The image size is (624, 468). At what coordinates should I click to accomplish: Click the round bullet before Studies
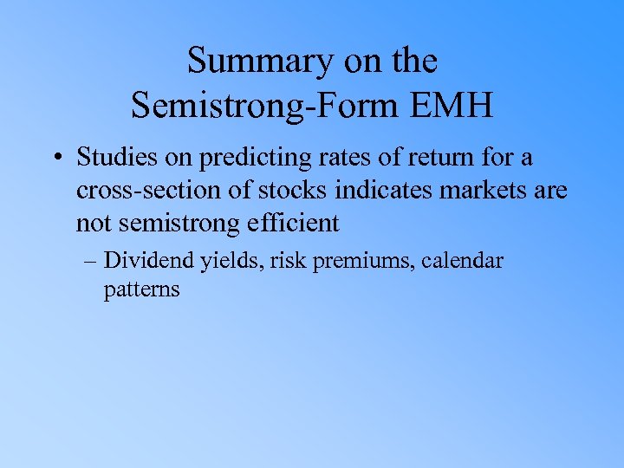(x=57, y=159)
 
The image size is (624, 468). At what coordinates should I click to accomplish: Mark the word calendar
(x=463, y=260)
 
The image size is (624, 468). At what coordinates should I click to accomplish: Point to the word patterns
(x=141, y=289)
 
